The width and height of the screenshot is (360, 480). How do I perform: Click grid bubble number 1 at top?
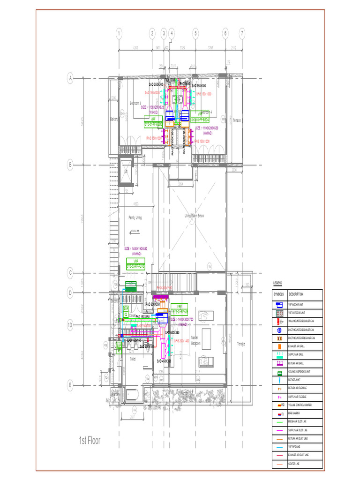[x=119, y=33]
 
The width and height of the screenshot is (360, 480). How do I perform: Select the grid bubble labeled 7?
[x=242, y=33]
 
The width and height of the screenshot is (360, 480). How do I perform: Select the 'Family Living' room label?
[x=135, y=217]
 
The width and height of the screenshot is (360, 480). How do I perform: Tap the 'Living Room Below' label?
[x=194, y=216]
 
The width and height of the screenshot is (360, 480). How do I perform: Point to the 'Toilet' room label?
[x=133, y=359]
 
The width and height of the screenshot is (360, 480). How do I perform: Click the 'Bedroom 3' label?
[x=135, y=103]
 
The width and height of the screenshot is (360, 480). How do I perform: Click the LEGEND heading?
[x=278, y=284]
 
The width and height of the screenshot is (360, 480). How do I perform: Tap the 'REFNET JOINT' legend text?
[x=298, y=380]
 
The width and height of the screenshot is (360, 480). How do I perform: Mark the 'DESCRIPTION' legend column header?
[x=296, y=294]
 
